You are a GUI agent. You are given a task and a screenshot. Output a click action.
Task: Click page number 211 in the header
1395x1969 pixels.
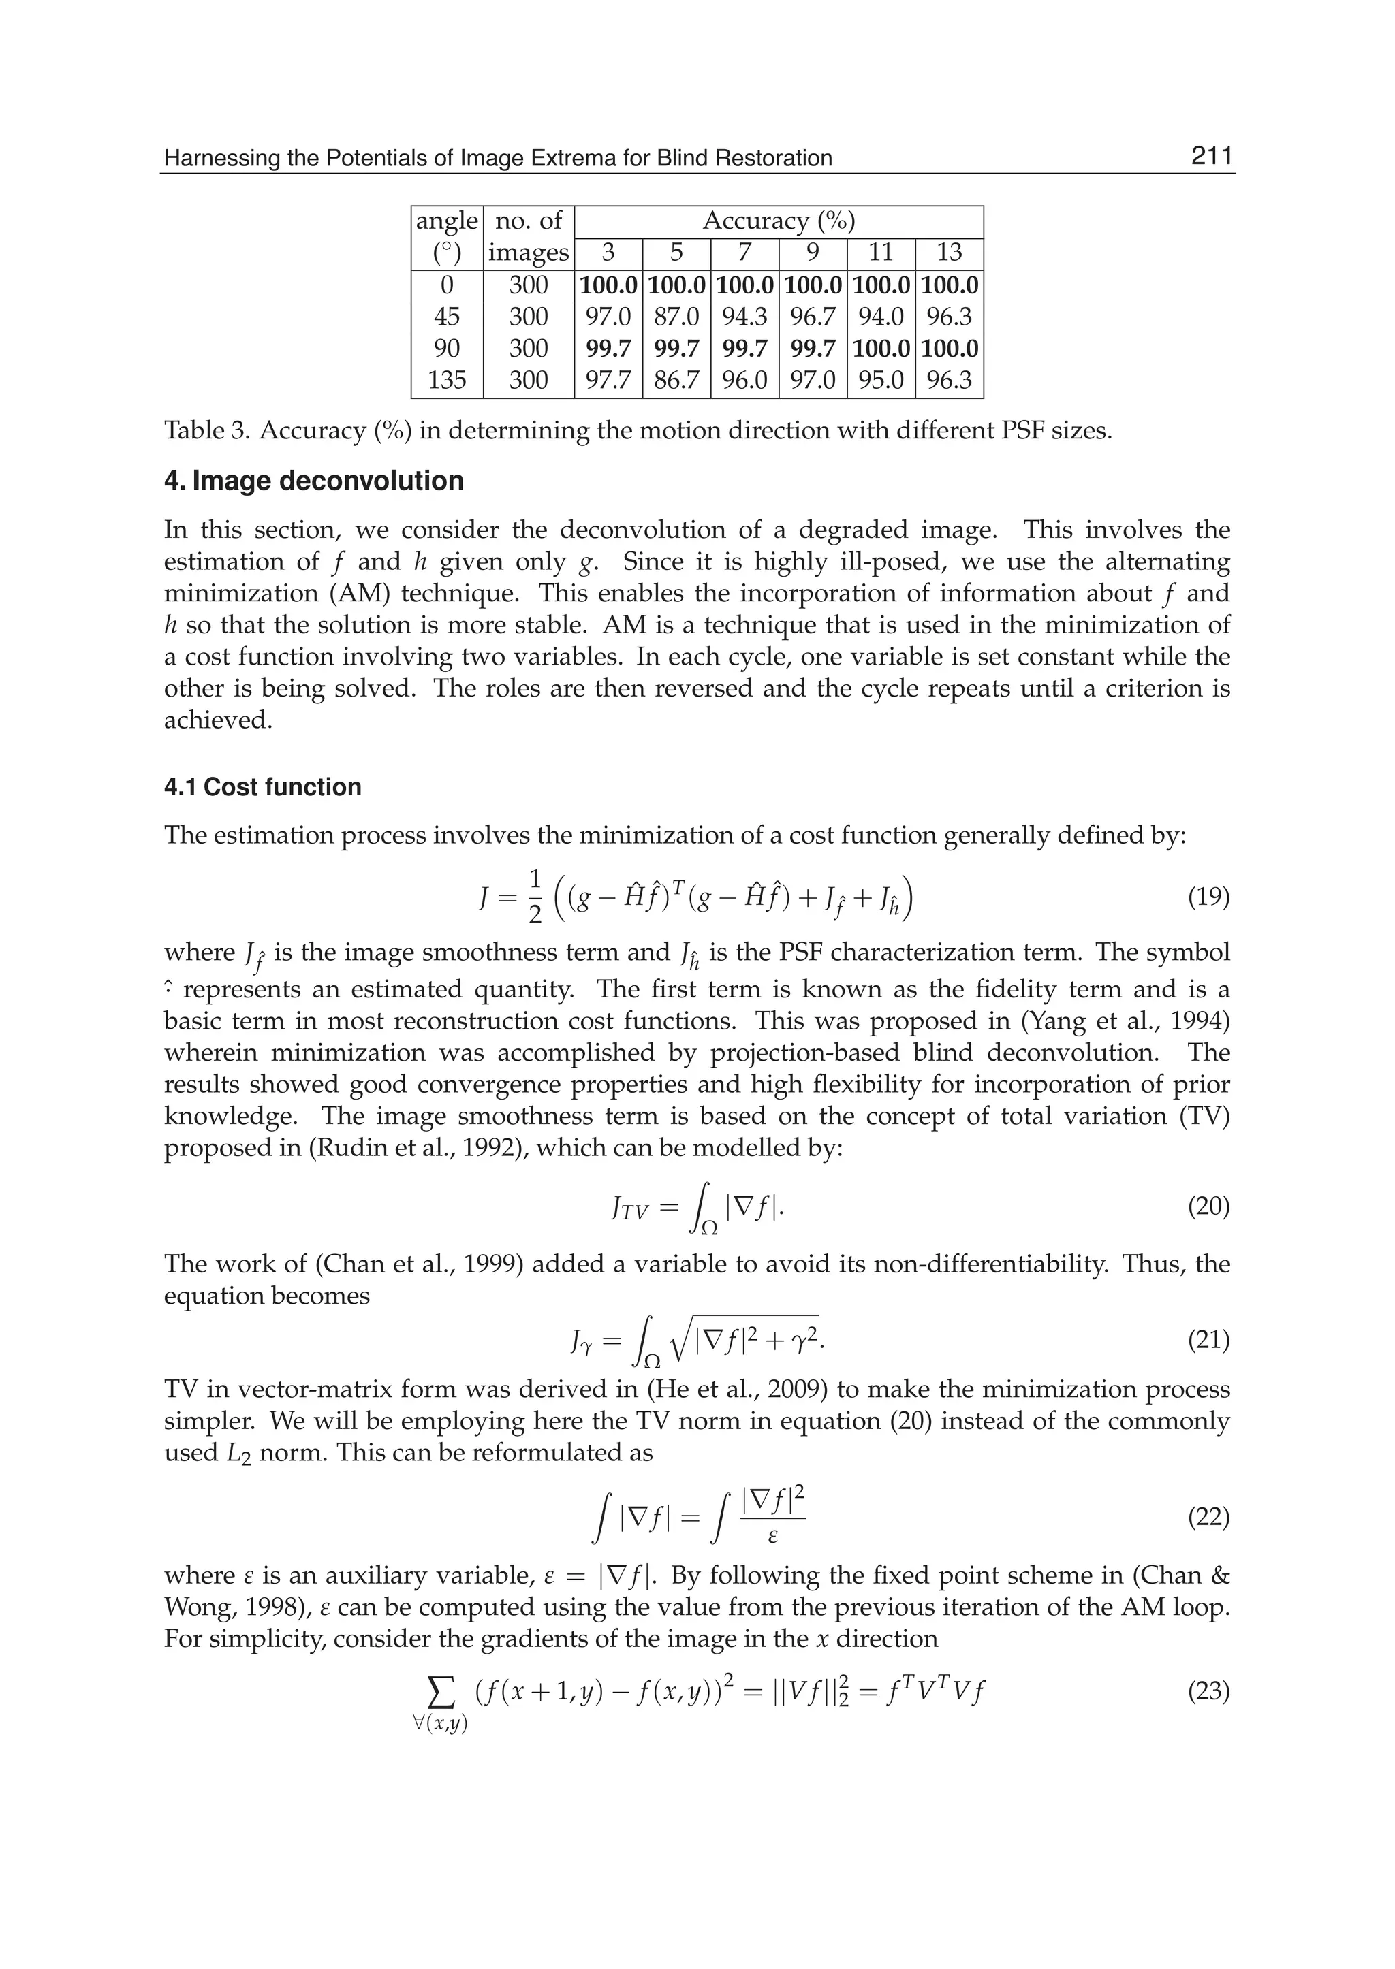coord(1211,157)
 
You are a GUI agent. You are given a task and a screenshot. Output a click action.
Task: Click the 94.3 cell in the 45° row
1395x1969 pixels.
coord(744,317)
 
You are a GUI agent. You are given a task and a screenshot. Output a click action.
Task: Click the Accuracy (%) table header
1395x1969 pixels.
coord(779,221)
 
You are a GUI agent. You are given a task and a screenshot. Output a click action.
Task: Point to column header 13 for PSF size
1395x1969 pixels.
coord(949,253)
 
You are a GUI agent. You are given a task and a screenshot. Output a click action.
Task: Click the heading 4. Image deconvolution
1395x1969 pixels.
coord(313,481)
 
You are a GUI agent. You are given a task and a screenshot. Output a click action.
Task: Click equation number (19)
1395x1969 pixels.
coord(1208,898)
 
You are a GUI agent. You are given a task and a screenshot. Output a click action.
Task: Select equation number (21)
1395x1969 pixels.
coord(1208,1341)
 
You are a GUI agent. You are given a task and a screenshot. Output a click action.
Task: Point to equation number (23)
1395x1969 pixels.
coord(1208,1693)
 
